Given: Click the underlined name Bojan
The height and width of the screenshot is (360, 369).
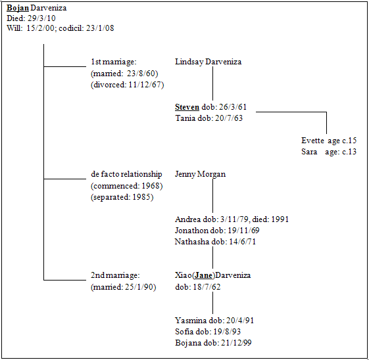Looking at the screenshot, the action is [x=18, y=9].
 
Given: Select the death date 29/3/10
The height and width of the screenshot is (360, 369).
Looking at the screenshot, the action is [x=41, y=18].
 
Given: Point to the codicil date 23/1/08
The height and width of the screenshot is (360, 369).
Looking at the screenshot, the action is [x=100, y=28].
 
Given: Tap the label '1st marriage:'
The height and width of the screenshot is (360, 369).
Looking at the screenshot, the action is [x=114, y=62].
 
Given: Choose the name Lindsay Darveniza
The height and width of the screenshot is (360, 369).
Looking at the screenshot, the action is [x=209, y=62].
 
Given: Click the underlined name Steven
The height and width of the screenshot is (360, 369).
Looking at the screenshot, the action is [x=187, y=107].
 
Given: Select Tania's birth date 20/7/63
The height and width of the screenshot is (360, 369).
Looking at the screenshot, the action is [x=229, y=118].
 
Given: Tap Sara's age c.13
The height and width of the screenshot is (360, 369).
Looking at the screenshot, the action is [x=349, y=152].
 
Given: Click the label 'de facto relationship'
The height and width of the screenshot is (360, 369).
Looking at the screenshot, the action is [x=126, y=174].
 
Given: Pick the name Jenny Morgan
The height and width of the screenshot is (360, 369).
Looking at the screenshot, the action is [x=200, y=174].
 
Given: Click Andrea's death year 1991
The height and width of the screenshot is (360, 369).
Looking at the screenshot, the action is [x=280, y=219].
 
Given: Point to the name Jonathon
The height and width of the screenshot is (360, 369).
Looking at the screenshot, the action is [x=191, y=231].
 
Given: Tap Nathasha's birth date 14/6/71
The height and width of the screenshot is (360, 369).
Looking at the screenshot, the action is [x=243, y=242].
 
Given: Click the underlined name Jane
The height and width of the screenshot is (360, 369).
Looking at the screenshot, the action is [x=203, y=275].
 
